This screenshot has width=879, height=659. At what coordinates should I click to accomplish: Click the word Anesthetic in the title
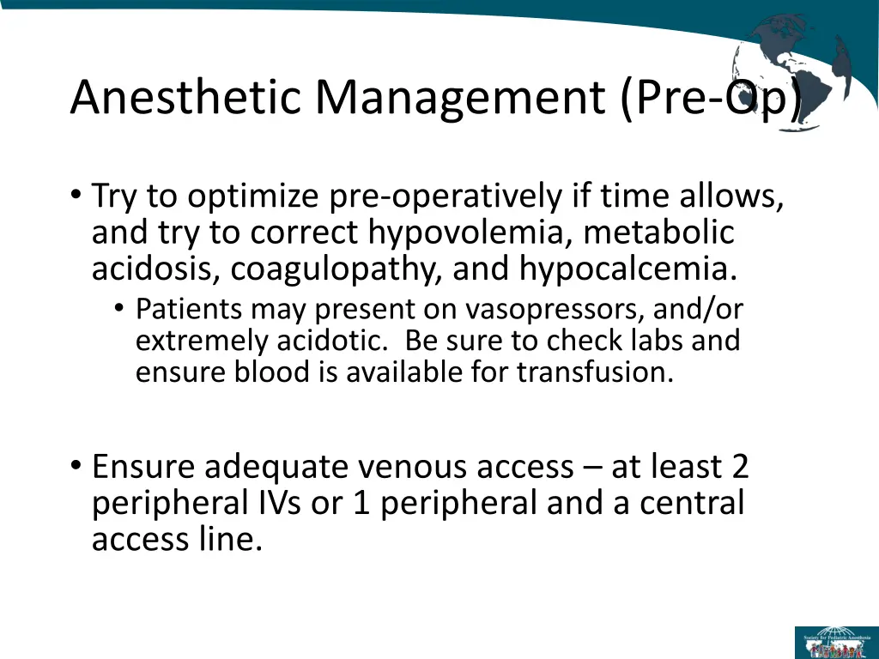coord(186,97)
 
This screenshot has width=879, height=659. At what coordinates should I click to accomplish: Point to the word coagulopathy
coord(336,269)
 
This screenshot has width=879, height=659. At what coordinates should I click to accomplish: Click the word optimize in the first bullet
coord(252,196)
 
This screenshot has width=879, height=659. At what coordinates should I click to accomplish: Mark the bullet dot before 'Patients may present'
coord(118,309)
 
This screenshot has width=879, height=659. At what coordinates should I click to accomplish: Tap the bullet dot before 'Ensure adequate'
coord(76,467)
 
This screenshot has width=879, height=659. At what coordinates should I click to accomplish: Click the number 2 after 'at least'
coord(740,467)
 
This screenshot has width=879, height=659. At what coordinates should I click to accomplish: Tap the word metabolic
coord(672,233)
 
